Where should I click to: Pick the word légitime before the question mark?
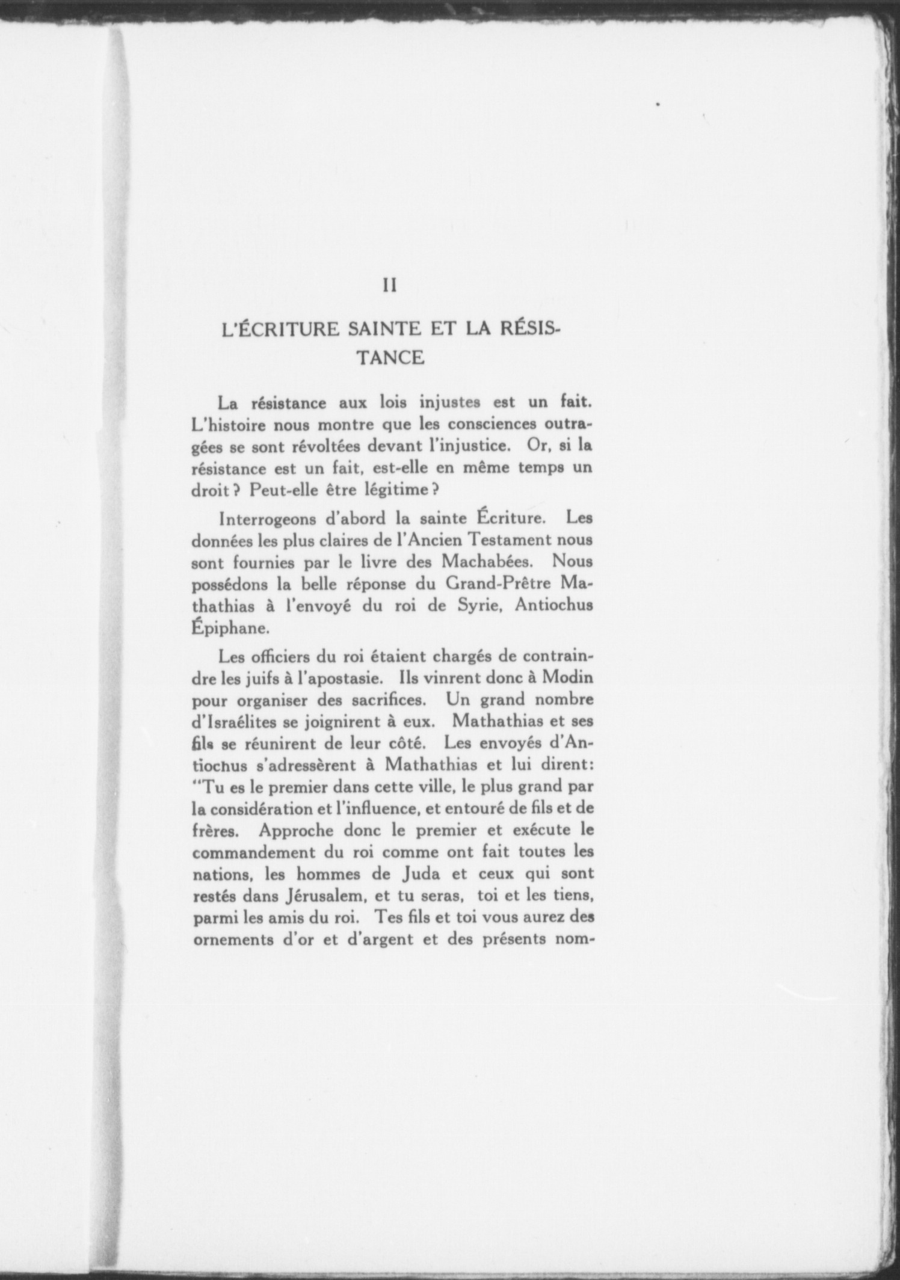[395, 490]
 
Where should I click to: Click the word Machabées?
[488, 561]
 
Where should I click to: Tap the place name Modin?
[568, 677]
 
